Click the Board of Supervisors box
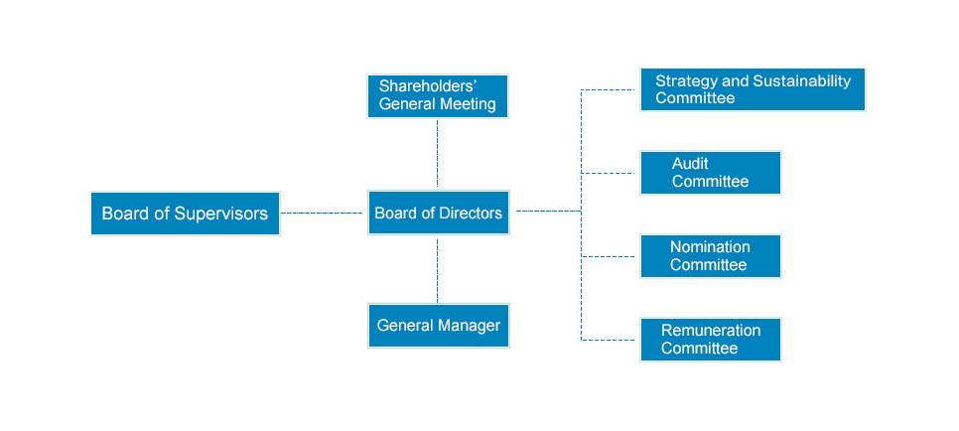tap(186, 214)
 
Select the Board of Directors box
tap(439, 213)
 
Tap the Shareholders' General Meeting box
tap(438, 96)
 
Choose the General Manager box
tap(439, 326)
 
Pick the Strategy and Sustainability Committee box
tap(753, 89)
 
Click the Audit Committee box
tap(711, 173)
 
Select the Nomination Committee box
tap(711, 256)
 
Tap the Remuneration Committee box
tap(711, 340)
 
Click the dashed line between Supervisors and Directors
tap(322, 214)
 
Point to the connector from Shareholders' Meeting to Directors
tap(437, 153)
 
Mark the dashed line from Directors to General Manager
tap(437, 270)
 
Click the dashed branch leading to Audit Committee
tap(608, 173)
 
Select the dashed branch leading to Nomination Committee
tap(608, 256)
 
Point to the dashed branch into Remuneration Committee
tap(608, 340)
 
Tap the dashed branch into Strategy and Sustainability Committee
tap(608, 90)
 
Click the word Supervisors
tap(220, 214)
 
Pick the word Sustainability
tap(802, 81)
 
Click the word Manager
tap(471, 326)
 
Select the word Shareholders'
tap(428, 85)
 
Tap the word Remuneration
tap(711, 331)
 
